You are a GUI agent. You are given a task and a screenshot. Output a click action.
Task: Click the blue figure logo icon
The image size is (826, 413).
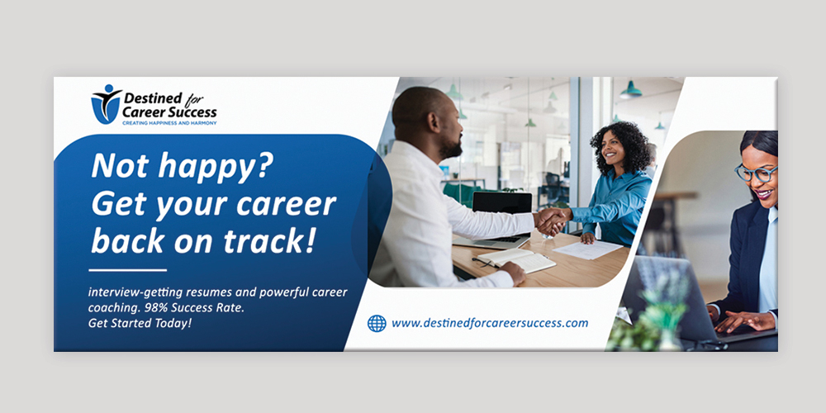[x=105, y=103]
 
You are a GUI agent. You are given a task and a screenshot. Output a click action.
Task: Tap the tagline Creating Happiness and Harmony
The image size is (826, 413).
[x=169, y=122]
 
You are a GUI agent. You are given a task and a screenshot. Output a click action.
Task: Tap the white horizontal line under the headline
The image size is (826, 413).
[x=127, y=270]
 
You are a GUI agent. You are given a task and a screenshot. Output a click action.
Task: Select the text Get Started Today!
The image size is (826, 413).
[x=140, y=323]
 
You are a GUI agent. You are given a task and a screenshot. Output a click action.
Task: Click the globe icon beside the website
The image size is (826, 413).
[x=377, y=323]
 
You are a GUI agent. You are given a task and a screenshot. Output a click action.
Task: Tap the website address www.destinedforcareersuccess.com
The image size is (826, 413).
[x=490, y=323]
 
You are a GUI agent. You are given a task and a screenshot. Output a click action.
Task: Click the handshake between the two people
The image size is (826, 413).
[x=551, y=221]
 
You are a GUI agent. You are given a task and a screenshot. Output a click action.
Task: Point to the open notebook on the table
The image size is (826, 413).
[x=516, y=260]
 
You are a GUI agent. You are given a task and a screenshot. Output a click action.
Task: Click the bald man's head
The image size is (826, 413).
[x=426, y=116]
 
